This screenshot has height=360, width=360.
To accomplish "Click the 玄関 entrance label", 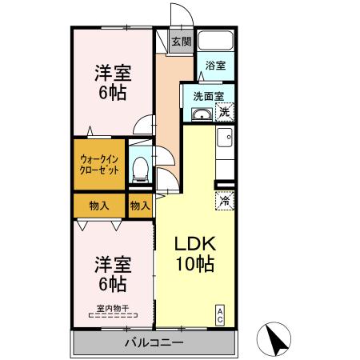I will coord(180,42).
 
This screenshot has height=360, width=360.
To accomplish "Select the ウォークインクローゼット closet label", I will coord(99,165).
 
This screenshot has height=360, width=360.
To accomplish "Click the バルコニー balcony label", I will coord(154,344).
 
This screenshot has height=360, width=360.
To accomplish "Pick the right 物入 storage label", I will coord(140,206).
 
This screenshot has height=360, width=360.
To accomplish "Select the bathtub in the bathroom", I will coord(214,42).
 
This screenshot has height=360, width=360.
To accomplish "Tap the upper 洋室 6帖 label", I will coord(111,81).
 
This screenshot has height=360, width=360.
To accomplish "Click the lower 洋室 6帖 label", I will coord(111,272).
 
